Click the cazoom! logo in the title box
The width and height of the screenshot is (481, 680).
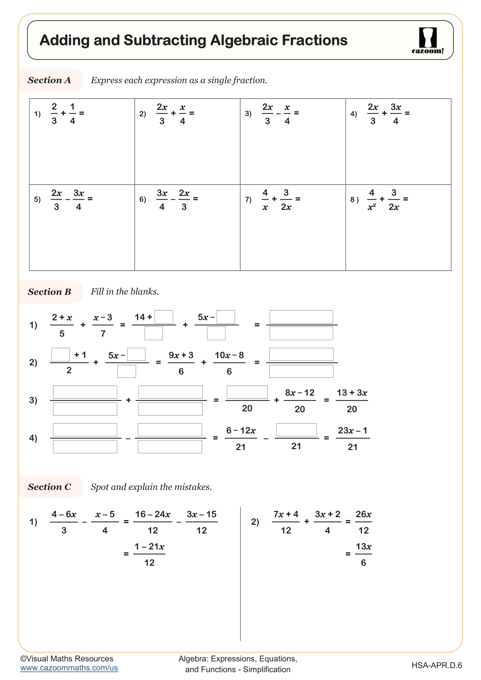[x=427, y=40]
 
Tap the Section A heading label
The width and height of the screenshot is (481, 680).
[x=49, y=80]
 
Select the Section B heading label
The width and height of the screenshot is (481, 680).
[x=49, y=292]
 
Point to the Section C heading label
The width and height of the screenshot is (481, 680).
[x=49, y=487]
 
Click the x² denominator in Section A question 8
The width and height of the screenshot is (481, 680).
[x=371, y=207]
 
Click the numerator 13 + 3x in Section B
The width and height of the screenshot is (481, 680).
[x=352, y=393]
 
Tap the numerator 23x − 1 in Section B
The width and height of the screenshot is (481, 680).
[x=352, y=430]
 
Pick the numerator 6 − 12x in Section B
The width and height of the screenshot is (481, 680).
[x=241, y=430]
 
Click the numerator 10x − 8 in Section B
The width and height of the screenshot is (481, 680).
[x=229, y=355]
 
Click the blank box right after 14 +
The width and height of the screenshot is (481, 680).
[x=164, y=317]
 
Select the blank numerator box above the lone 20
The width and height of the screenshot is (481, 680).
[x=247, y=392]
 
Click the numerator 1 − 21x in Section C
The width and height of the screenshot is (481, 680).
[x=149, y=547]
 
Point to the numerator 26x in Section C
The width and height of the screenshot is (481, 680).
[x=364, y=514]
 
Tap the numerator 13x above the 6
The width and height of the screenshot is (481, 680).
[x=364, y=547]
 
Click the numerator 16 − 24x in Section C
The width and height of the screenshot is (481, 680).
[x=153, y=514]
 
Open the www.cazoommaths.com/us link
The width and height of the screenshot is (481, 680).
[x=69, y=668]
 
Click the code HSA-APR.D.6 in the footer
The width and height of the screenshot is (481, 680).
[x=437, y=665]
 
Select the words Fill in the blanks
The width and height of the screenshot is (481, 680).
[x=125, y=292]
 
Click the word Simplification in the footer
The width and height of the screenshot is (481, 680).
[x=267, y=669]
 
